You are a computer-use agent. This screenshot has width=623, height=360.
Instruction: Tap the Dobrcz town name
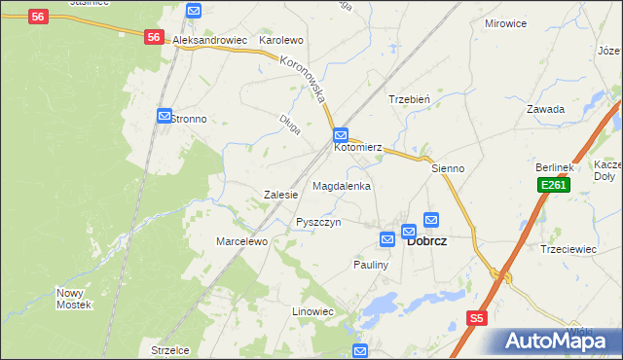coord(426,241)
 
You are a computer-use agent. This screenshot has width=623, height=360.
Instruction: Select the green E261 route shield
coord(553,185)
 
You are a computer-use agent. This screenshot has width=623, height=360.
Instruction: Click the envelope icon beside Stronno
coord(164,116)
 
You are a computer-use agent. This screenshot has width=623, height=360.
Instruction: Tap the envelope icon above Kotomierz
coord(341,134)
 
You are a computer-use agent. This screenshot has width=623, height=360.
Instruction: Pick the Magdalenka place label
coord(341,185)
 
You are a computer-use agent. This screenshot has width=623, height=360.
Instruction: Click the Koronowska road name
coord(306,80)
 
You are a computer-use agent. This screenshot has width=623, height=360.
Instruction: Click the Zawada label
coord(545,109)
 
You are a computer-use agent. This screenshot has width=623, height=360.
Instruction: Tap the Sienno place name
coord(449,168)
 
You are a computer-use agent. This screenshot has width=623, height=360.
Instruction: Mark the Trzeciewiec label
coord(568,249)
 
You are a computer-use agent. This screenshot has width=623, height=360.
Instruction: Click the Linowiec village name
coord(312,311)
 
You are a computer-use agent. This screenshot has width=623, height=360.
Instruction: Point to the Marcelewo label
coord(241,241)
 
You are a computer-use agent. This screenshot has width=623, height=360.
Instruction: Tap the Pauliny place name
coord(371,265)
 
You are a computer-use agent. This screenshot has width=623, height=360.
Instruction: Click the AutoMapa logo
coord(558,341)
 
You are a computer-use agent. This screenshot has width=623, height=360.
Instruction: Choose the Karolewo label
coord(281,41)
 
